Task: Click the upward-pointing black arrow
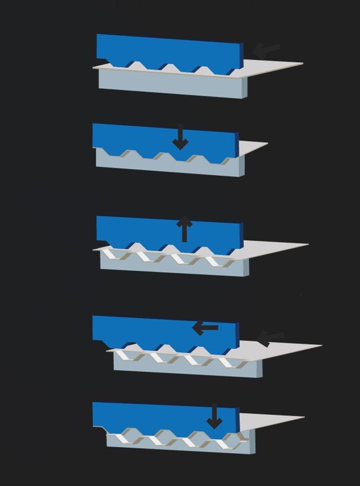(x=184, y=228)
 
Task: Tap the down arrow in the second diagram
(x=180, y=136)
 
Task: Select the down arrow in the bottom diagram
(x=214, y=415)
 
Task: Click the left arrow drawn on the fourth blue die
(x=206, y=327)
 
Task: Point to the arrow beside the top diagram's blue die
(x=267, y=51)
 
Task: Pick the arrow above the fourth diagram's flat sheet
(x=271, y=338)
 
